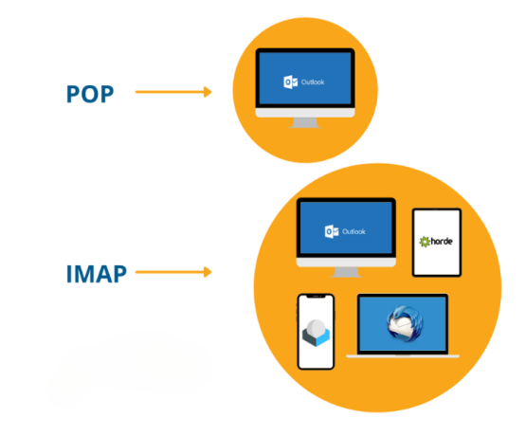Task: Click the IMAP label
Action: (95, 274)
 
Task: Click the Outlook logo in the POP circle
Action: (290, 82)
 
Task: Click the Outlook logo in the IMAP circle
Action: (331, 231)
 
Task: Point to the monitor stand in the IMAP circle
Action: (345, 271)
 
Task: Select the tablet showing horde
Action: (437, 243)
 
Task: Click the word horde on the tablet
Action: (442, 243)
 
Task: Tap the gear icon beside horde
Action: (425, 243)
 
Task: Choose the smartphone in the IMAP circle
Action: (316, 332)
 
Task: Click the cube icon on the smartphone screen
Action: (316, 334)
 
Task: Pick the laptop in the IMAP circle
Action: (402, 325)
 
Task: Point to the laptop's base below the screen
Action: (402, 355)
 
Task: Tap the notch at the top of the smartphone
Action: (316, 298)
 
